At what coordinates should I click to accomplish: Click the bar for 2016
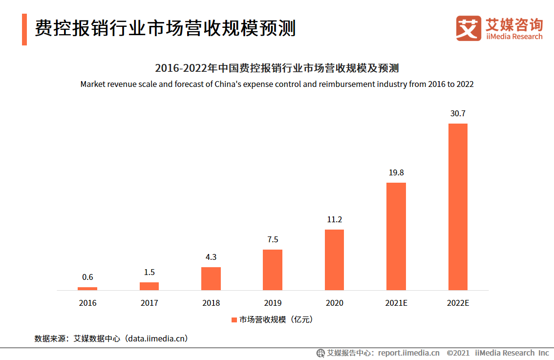point(87,289)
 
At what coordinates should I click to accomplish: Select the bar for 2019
point(273,270)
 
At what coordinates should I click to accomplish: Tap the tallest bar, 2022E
point(458,207)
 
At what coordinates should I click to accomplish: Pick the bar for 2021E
point(396,236)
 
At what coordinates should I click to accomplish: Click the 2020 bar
point(334,260)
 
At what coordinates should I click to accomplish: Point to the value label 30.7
point(458,113)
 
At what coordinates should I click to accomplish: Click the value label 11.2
point(334,219)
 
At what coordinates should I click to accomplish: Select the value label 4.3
point(211,257)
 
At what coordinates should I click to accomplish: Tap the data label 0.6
point(87,277)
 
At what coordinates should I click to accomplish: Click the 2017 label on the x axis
point(149,303)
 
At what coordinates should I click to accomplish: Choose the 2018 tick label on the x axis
point(211,303)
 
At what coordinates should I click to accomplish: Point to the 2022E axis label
point(458,303)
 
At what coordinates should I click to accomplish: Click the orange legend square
point(234,320)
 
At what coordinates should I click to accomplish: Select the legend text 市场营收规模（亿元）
point(276,320)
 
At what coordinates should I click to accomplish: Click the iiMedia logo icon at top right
point(469,28)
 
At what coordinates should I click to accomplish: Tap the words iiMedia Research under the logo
point(514,37)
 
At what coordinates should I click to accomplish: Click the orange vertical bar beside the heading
point(24,29)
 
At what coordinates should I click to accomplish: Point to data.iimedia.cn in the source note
point(157,338)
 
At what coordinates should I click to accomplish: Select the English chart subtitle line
point(277,84)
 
